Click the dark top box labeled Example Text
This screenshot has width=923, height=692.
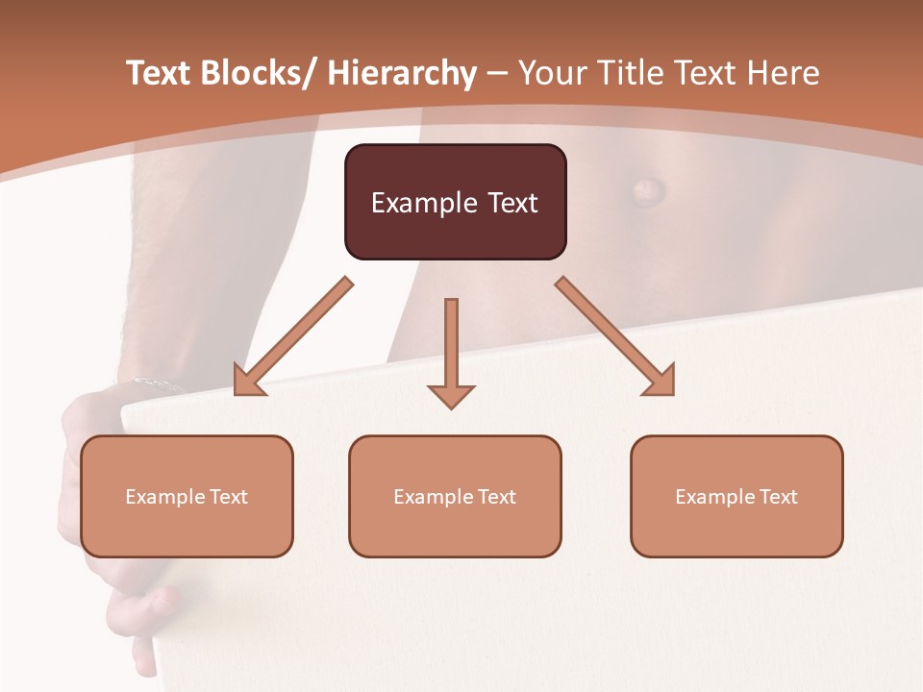tap(455, 202)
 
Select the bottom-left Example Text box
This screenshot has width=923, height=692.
tap(187, 496)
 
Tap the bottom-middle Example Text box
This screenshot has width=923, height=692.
tap(455, 496)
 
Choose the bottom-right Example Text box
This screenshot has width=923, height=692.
tap(736, 496)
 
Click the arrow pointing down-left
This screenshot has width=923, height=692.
tap(288, 341)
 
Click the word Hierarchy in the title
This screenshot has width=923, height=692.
tap(402, 73)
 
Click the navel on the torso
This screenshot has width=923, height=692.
tap(647, 187)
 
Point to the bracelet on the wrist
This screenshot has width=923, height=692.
tap(154, 384)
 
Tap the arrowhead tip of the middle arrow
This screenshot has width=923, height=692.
tap(451, 408)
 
